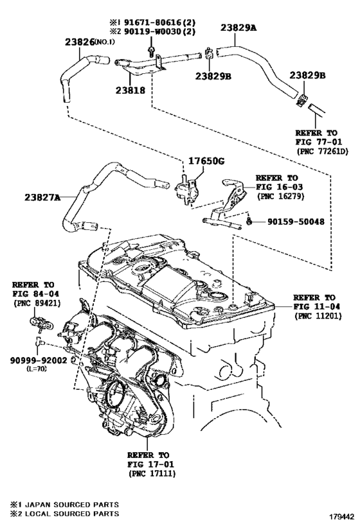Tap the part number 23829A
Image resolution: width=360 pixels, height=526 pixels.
tap(238, 28)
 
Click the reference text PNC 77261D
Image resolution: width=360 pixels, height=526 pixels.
tap(322, 152)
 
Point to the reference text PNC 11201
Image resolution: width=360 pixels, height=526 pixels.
tap(314, 317)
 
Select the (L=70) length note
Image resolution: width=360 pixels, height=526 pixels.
tap(35, 370)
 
